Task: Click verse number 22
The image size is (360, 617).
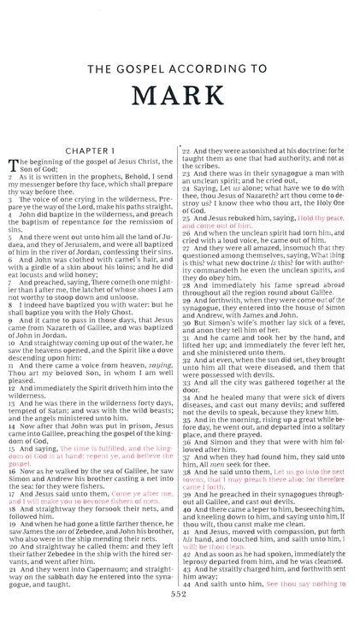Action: pos(186,126)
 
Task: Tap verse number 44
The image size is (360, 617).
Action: pos(186,581)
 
